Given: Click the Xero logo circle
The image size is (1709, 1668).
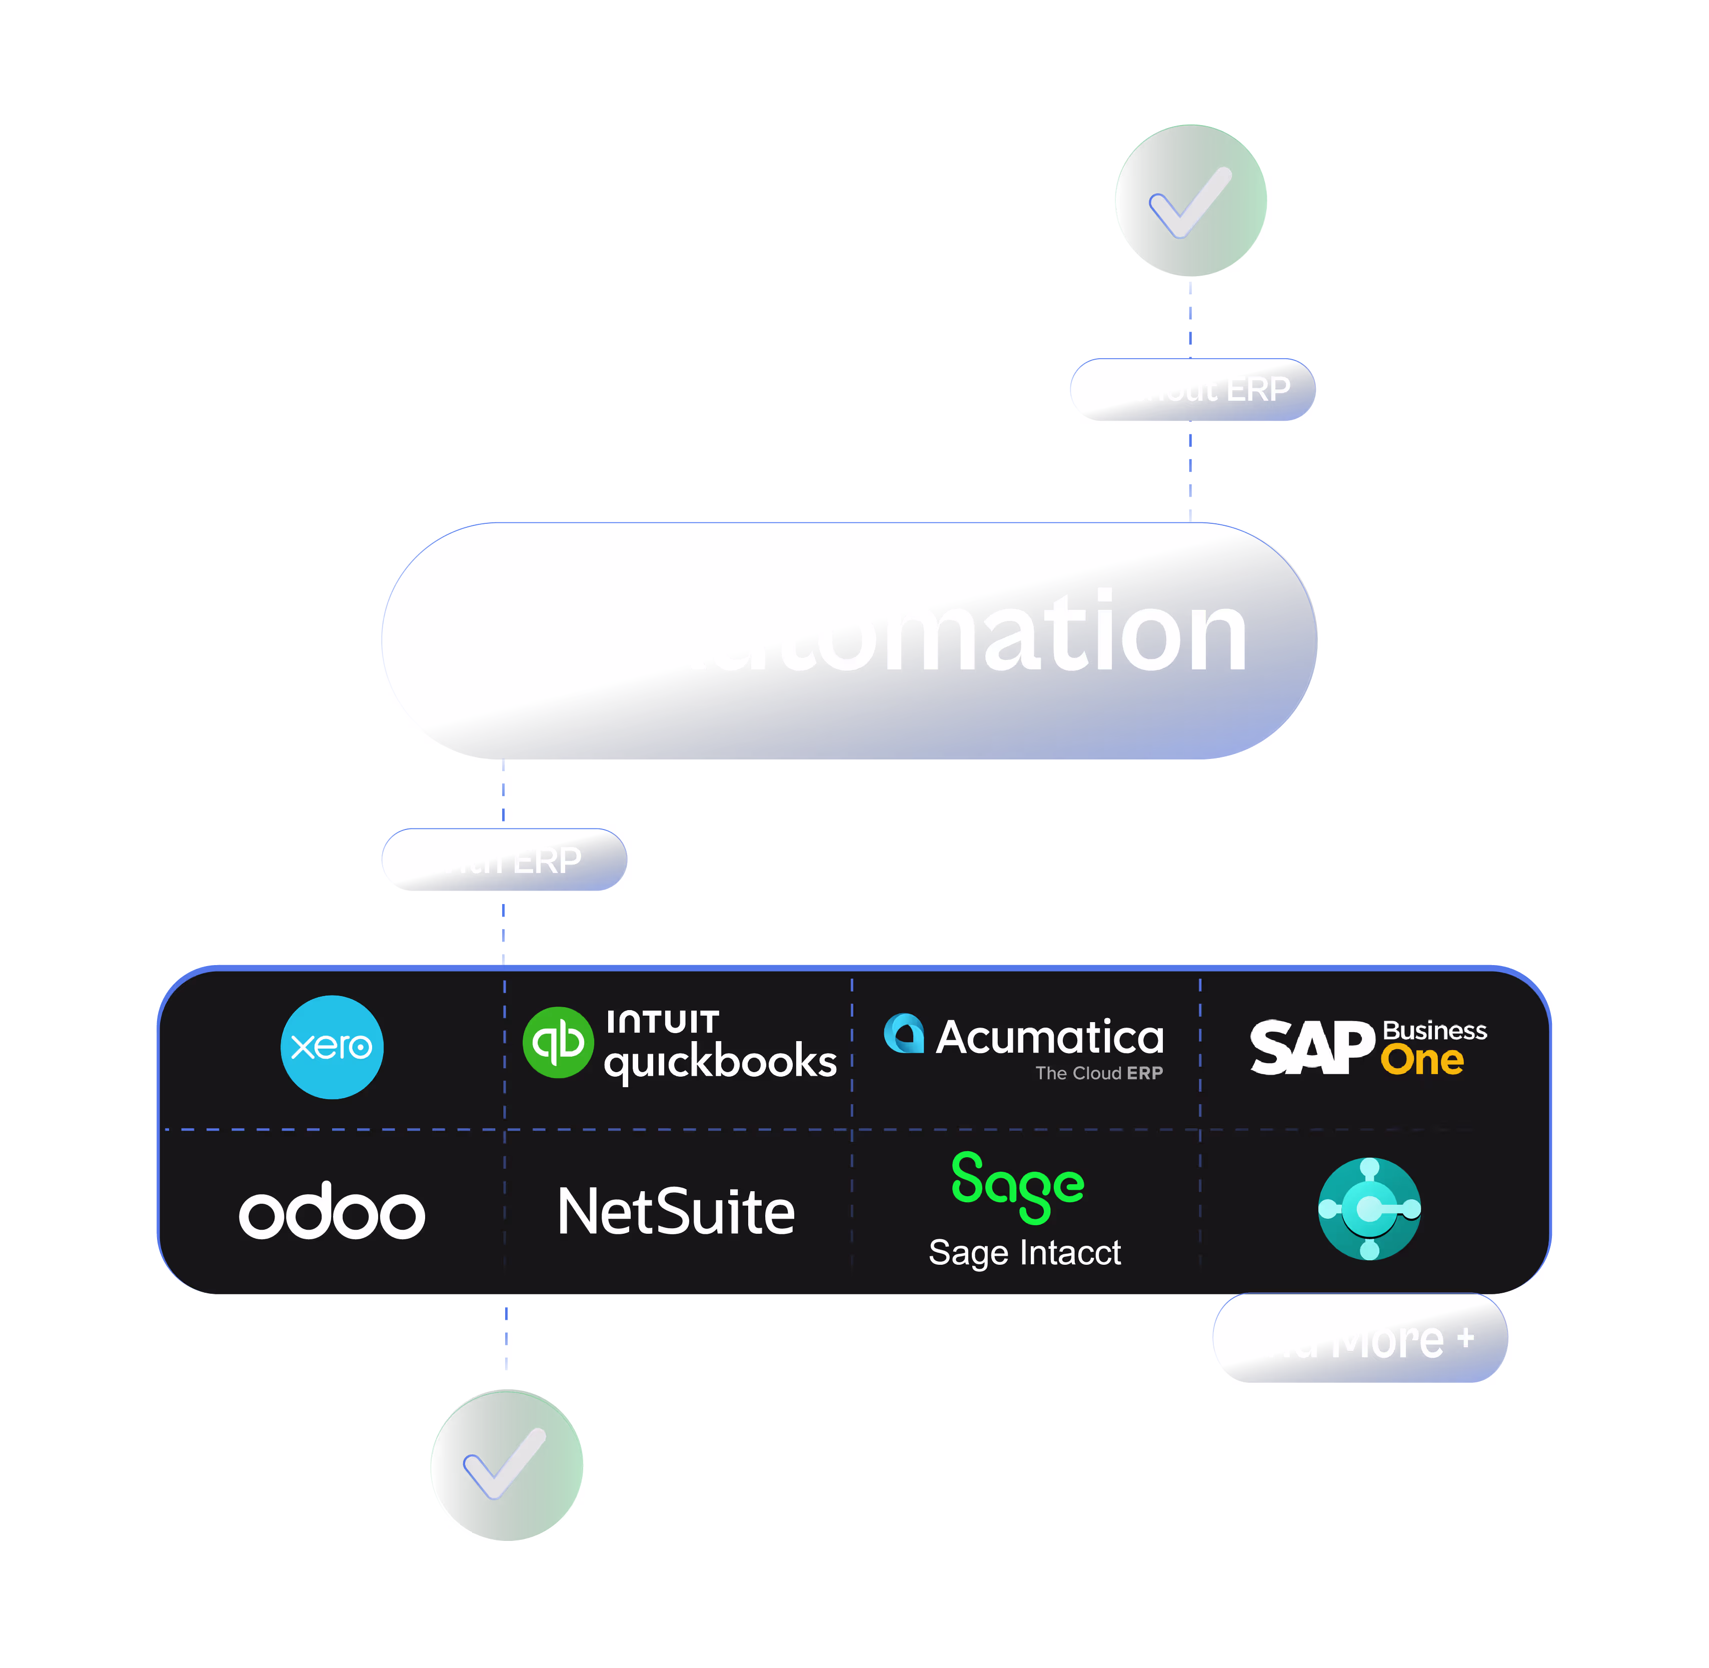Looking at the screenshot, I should click(332, 1047).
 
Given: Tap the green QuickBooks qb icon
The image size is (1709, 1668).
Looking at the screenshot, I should click(558, 1043).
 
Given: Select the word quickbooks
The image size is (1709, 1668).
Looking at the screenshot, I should click(720, 1062).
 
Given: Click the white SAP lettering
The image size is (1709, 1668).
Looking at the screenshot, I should click(1311, 1047).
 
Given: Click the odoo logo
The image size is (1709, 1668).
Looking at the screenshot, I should click(332, 1212).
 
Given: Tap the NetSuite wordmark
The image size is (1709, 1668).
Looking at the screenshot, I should click(676, 1212).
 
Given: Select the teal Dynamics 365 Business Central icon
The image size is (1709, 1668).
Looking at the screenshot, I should click(1369, 1209).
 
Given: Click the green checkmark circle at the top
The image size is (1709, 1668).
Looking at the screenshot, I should click(1190, 201).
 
